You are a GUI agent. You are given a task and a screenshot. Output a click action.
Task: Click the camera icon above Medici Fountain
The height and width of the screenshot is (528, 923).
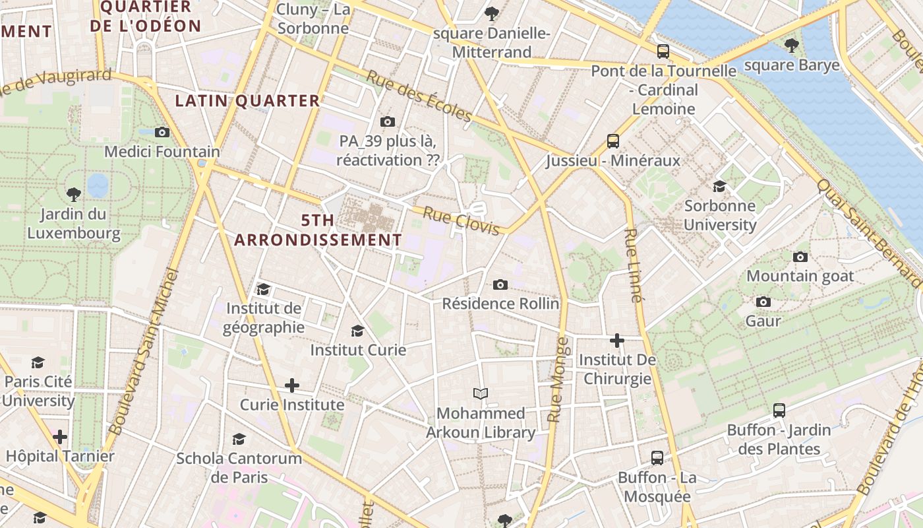(x=162, y=132)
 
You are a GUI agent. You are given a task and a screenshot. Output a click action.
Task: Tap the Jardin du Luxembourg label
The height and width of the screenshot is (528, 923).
(x=74, y=224)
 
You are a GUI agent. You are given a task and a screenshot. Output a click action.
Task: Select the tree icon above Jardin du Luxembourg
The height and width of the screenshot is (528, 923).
(x=74, y=194)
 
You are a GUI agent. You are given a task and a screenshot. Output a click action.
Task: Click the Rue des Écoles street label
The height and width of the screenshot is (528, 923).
(x=419, y=96)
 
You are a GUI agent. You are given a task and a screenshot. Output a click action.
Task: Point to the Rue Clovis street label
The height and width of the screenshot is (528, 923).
(x=461, y=220)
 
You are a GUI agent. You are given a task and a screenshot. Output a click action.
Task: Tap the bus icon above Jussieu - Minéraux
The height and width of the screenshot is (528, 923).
(x=613, y=141)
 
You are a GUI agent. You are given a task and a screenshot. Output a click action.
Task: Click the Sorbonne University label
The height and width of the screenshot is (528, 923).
(x=720, y=215)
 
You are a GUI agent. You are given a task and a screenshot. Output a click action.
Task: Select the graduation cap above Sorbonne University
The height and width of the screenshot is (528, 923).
(x=719, y=187)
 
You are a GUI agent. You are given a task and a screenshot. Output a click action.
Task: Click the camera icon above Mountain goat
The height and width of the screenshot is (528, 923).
(x=800, y=257)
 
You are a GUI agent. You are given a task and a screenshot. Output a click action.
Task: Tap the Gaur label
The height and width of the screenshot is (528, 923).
(x=763, y=321)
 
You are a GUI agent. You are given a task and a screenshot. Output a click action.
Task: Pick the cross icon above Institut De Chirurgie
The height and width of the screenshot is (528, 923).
(x=617, y=341)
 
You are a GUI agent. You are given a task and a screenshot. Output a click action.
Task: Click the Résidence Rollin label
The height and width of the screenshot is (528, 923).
(x=500, y=304)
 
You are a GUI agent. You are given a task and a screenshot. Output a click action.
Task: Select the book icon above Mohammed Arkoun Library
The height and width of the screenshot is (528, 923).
(x=481, y=394)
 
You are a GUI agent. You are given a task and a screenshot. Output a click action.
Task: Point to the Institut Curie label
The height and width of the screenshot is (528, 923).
(x=358, y=350)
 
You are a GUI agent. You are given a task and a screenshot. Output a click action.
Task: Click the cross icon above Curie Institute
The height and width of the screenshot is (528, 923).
(x=292, y=385)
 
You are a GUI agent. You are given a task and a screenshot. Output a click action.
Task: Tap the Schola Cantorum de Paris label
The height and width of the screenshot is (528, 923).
(x=239, y=467)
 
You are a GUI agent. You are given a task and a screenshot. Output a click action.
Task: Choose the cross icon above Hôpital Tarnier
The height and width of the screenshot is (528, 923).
(x=60, y=436)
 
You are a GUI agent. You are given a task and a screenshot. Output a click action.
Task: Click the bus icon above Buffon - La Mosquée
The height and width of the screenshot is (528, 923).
(x=657, y=458)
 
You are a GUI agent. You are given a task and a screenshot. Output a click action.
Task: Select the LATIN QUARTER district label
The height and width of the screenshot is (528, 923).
(x=247, y=101)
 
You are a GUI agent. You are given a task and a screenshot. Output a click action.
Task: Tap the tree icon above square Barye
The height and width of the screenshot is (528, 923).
(x=791, y=46)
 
